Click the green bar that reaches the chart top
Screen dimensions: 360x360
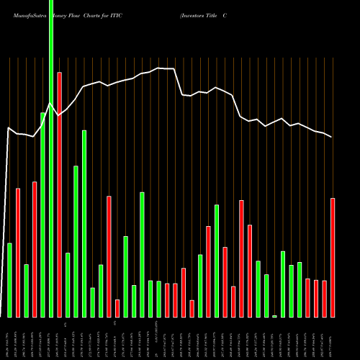coord(51,158)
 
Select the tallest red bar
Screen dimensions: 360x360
coord(59,194)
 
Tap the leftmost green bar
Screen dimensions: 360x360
coord(9,280)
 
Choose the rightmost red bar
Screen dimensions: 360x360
coord(333,257)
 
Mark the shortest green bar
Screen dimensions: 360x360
coord(274,316)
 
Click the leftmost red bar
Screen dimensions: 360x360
coord(18,252)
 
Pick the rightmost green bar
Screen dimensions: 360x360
coord(300,289)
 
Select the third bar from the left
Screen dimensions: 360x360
coord(26,290)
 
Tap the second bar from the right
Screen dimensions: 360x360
coord(325,299)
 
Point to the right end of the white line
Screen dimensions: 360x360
coord(332,137)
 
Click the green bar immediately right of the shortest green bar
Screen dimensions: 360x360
coord(283,284)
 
